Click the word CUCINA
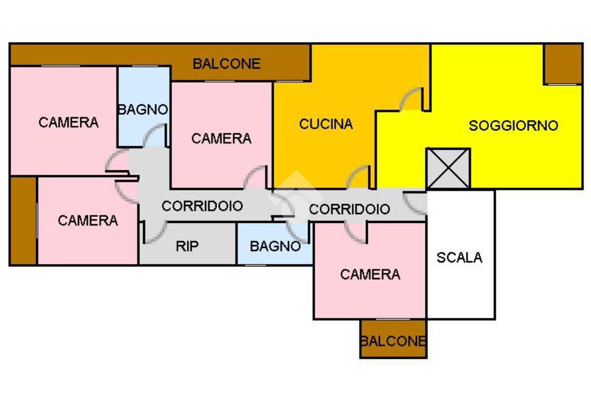coord(326,124)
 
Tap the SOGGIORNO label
coord(513,125)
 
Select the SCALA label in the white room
coord(459,258)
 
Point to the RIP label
coord(187,246)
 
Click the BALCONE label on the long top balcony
coord(227,63)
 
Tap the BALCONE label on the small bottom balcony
coord(393,341)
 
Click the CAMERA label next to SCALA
coord(370,274)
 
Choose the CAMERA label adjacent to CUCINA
coord(221,138)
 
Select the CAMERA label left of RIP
coord(88,220)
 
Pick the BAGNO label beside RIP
coord(275,246)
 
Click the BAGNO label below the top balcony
coord(143,109)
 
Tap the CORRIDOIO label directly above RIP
coord(202,206)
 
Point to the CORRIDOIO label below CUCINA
coord(350,209)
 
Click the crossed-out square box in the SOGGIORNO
coord(448,168)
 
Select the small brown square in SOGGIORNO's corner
coord(563,64)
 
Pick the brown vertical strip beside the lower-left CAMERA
coord(23,220)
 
